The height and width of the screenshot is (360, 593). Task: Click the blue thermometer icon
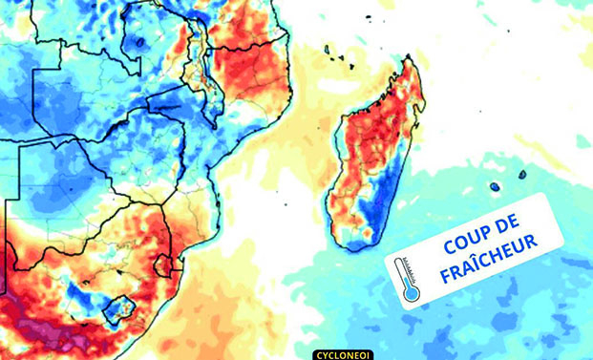click(x=409, y=281)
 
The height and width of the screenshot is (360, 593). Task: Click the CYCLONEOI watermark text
click(x=341, y=354)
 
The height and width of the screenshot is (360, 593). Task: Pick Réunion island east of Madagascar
click(x=495, y=187)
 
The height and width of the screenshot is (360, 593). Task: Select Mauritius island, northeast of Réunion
click(x=521, y=175)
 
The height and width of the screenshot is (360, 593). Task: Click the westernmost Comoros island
click(x=327, y=49)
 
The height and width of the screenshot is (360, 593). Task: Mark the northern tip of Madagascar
click(x=413, y=60)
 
